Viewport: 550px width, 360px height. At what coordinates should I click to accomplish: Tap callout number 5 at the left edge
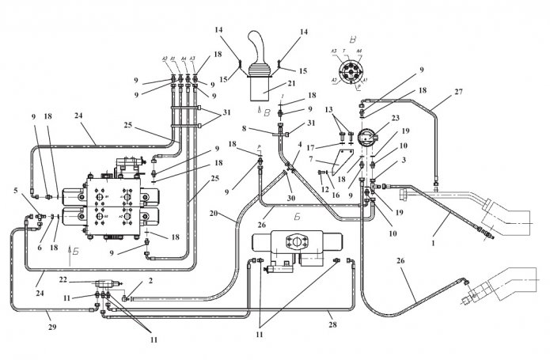tap(15, 191)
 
